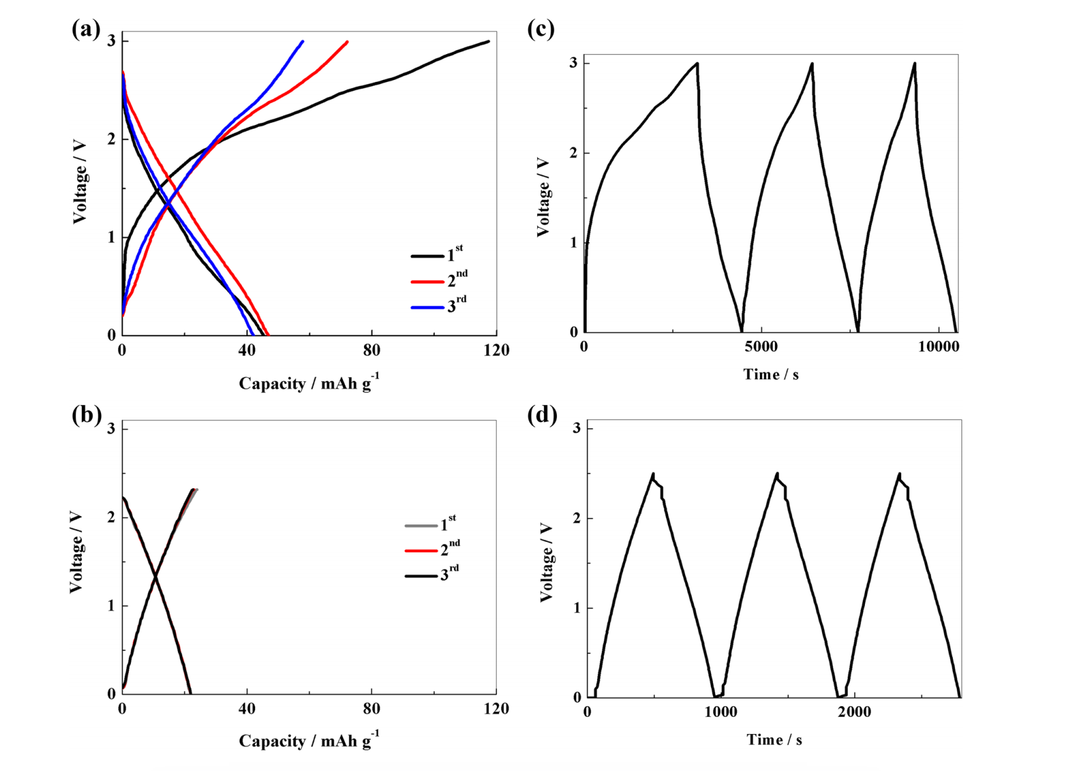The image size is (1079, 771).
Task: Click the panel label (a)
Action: click(86, 29)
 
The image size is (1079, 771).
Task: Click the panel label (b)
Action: click(86, 415)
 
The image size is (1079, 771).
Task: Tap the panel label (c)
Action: click(540, 29)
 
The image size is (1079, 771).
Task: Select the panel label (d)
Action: click(542, 415)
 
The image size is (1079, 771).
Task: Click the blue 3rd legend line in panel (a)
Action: click(427, 308)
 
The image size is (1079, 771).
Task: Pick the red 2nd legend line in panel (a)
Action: click(427, 282)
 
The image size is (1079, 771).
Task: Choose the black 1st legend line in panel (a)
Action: click(427, 256)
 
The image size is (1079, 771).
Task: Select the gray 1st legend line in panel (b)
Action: click(421, 526)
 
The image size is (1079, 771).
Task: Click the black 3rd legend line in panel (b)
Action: click(421, 576)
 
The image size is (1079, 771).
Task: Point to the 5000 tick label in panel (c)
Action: click(761, 347)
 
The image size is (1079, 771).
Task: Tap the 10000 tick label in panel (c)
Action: click(939, 347)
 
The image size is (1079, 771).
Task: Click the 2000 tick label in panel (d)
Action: click(854, 712)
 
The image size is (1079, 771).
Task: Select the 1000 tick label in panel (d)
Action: click(720, 712)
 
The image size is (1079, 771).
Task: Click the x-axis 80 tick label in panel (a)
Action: click(371, 350)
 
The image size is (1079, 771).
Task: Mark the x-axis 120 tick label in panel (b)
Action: click(496, 709)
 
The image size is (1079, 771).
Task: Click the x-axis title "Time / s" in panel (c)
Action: click(770, 375)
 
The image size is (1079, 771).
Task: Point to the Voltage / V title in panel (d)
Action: click(546, 562)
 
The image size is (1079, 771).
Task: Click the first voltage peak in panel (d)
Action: click(653, 474)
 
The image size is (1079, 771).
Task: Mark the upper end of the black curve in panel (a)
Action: click(488, 41)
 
